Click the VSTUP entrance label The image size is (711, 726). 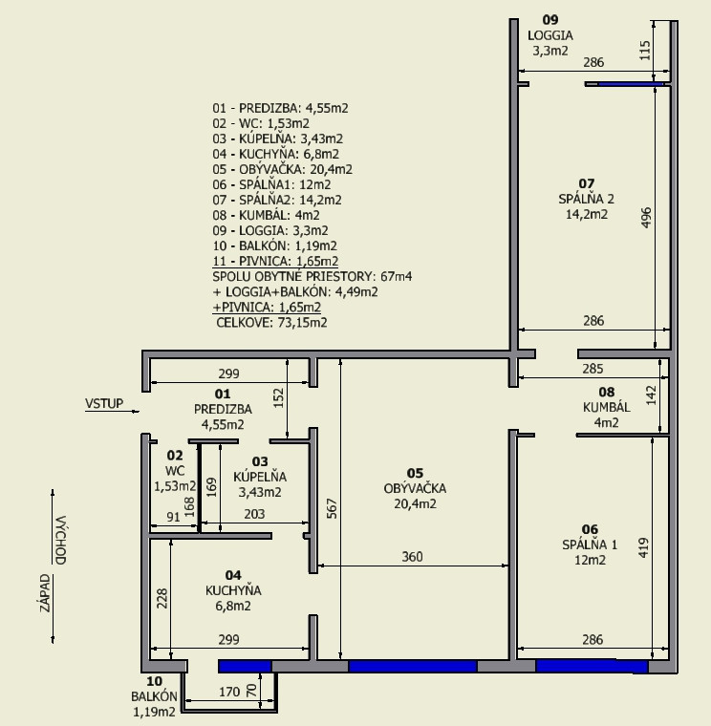coord(104,403)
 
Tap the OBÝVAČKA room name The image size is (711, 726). coord(415,488)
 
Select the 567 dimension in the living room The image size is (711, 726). coord(332,508)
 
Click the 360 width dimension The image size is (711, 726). coord(412,556)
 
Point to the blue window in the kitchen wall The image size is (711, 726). coord(245,667)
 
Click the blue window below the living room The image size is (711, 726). coord(413,667)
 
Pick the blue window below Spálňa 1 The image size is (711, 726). coord(592,667)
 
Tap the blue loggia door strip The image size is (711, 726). coord(631,84)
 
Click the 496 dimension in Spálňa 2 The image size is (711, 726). coord(646,217)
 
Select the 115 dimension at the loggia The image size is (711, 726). coord(645,51)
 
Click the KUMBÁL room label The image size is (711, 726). coord(606,407)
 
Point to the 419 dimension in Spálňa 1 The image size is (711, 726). coord(644,547)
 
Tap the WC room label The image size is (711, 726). coord(175,471)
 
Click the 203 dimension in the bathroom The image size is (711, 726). coord(254,514)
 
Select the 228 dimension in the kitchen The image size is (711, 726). coord(162,598)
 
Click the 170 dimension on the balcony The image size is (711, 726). coord(229,692)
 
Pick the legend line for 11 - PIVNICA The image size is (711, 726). coord(275,261)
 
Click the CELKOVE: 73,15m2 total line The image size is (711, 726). coord(272,322)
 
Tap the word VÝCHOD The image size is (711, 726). coord(60,540)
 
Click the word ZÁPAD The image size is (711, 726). coord(45,593)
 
